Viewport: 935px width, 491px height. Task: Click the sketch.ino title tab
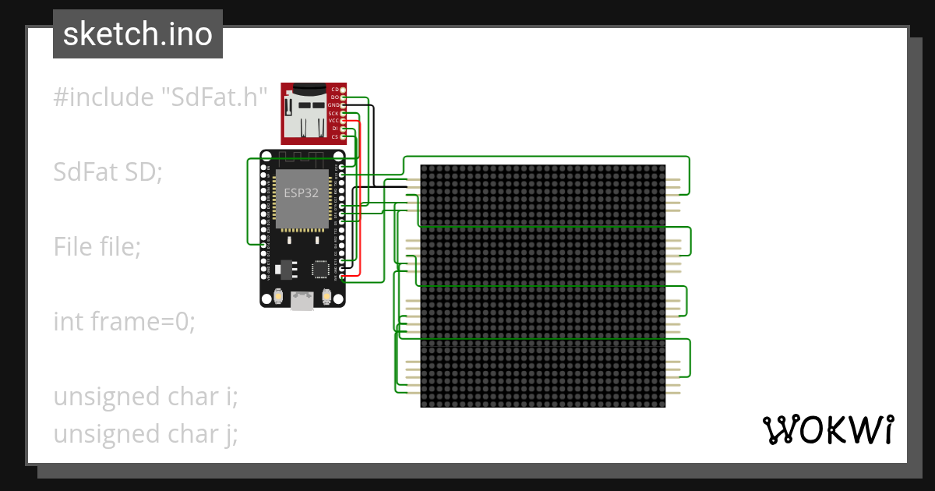point(138,34)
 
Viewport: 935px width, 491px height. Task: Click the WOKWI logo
point(827,429)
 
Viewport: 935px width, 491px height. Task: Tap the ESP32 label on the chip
point(301,194)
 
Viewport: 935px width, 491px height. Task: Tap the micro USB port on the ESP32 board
point(302,300)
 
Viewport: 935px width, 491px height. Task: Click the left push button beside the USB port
point(278,297)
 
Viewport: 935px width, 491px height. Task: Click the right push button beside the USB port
point(326,297)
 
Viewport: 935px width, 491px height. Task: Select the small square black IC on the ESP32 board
point(320,269)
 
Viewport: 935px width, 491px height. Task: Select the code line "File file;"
point(97,247)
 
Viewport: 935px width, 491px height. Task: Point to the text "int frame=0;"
point(124,321)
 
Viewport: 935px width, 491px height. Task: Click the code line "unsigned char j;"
point(145,433)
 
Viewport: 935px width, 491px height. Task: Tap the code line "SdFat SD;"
point(108,171)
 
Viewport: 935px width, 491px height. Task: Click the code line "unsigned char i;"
point(145,396)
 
